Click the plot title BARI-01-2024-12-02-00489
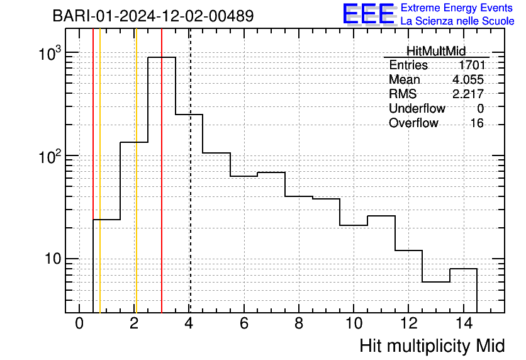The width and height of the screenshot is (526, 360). pyautogui.click(x=153, y=16)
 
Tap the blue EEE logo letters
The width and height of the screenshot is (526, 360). pyautogui.click(x=369, y=14)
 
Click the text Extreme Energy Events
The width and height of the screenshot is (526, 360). pyautogui.click(x=457, y=8)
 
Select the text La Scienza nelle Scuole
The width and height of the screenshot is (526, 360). pyautogui.click(x=457, y=21)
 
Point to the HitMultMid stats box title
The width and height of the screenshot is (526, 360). pyautogui.click(x=436, y=51)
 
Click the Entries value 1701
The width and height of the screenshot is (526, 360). pyautogui.click(x=472, y=65)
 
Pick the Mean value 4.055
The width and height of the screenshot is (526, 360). pyautogui.click(x=468, y=79)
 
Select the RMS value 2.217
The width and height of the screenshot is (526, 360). pyautogui.click(x=468, y=94)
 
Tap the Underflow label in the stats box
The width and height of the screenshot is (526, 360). pyautogui.click(x=417, y=108)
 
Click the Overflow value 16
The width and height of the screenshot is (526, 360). pyautogui.click(x=477, y=123)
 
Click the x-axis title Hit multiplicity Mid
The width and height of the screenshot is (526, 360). pyautogui.click(x=432, y=346)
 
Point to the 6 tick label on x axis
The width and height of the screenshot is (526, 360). pyautogui.click(x=244, y=323)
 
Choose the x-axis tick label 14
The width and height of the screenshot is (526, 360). pyautogui.click(x=464, y=323)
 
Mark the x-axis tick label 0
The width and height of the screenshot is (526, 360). pyautogui.click(x=79, y=323)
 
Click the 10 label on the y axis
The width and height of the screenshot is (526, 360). pyautogui.click(x=53, y=259)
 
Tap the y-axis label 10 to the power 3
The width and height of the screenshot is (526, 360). pyautogui.click(x=50, y=53)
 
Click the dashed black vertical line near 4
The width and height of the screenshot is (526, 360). pyautogui.click(x=190, y=171)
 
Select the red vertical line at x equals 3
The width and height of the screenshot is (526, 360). pyautogui.click(x=162, y=171)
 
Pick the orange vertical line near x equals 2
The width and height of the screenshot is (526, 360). pyautogui.click(x=136, y=171)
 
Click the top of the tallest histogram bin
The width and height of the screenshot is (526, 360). pyautogui.click(x=162, y=57)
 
